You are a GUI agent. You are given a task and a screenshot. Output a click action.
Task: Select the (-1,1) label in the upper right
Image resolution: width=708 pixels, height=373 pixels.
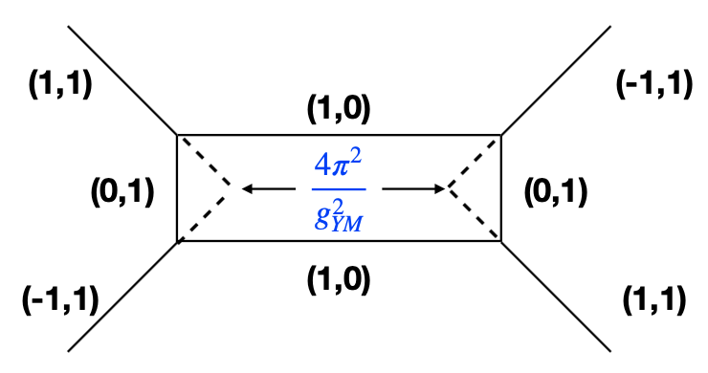pyautogui.click(x=653, y=85)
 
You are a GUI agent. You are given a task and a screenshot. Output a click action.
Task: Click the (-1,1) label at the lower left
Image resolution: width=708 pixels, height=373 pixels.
pyautogui.click(x=60, y=302)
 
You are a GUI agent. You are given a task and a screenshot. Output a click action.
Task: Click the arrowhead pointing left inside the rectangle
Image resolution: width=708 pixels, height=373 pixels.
pyautogui.click(x=248, y=189)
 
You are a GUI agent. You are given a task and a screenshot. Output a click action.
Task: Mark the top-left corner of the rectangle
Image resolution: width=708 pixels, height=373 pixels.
pyautogui.click(x=178, y=135)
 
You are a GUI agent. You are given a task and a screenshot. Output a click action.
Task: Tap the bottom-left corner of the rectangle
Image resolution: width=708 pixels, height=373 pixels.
pyautogui.click(x=178, y=241)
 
